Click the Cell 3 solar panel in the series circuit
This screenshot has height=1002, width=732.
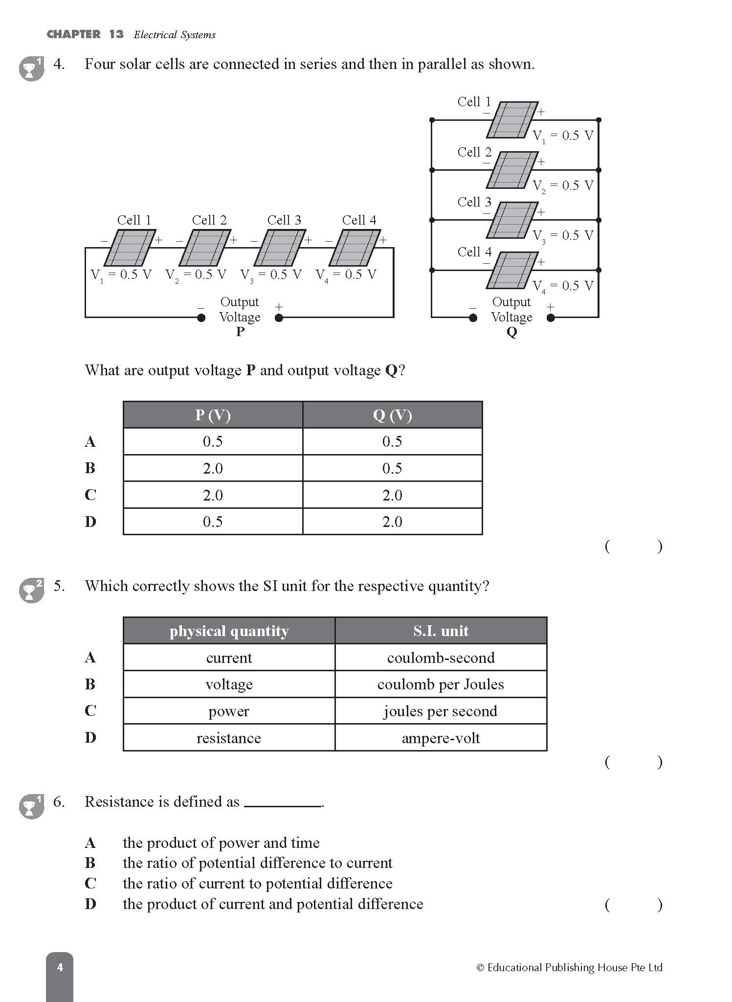tap(280, 248)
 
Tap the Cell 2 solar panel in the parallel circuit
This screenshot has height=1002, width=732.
tap(512, 170)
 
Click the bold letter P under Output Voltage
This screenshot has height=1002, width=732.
tap(240, 332)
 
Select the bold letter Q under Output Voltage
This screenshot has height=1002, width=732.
tap(511, 332)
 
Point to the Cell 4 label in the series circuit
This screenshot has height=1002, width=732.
tap(359, 220)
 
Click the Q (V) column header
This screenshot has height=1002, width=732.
tap(392, 415)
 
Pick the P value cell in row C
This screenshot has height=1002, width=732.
tap(213, 495)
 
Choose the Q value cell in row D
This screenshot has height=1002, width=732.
tap(392, 522)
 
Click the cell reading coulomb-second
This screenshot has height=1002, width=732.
tap(441, 658)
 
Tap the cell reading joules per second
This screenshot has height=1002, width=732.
tap(441, 711)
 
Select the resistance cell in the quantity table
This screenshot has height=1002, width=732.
tap(229, 738)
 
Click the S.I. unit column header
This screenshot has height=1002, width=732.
tap(441, 631)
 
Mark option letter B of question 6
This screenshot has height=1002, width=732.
tap(90, 863)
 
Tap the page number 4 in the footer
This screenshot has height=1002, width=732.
tap(60, 967)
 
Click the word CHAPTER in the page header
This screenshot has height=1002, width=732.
tap(73, 34)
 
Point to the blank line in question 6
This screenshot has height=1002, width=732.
tap(282, 805)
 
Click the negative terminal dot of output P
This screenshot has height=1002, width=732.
tap(201, 318)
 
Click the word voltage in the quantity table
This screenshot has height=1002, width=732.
tap(229, 684)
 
